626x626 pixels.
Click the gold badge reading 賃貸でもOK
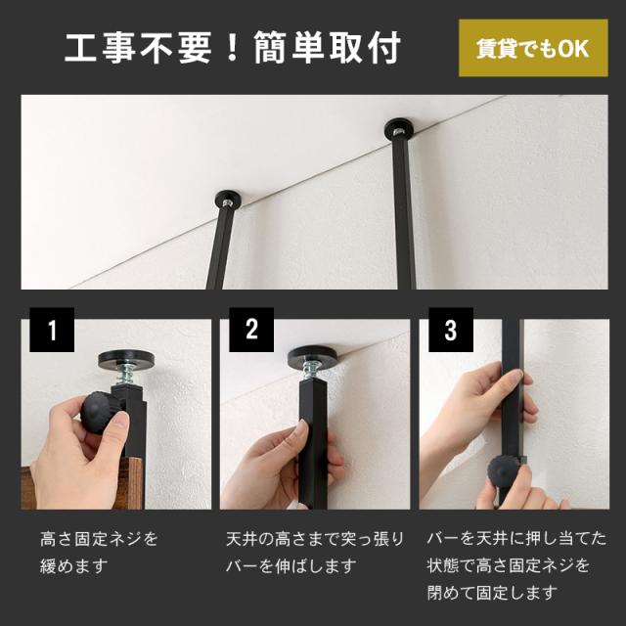pyautogui.click(x=533, y=48)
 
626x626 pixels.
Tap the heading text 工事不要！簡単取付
pyautogui.click(x=233, y=48)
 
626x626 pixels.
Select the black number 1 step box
pyautogui.click(x=52, y=330)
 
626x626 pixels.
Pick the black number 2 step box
pyautogui.click(x=251, y=330)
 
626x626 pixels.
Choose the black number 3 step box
pyautogui.click(x=451, y=330)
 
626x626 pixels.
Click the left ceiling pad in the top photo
pyautogui.click(x=228, y=199)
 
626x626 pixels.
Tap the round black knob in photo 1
pyautogui.click(x=98, y=413)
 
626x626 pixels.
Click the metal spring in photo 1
pyautogui.click(x=126, y=376)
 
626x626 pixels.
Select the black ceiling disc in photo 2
pyautogui.click(x=313, y=354)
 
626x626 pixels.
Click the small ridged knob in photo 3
pyautogui.click(x=505, y=471)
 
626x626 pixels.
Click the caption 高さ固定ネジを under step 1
pyautogui.click(x=99, y=539)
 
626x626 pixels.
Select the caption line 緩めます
pyautogui.click(x=74, y=566)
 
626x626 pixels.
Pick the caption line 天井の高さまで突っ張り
pyautogui.click(x=315, y=539)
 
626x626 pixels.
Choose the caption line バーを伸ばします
pyautogui.click(x=291, y=566)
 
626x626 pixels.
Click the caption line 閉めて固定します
pyautogui.click(x=492, y=593)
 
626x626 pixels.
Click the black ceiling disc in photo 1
pyautogui.click(x=126, y=359)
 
